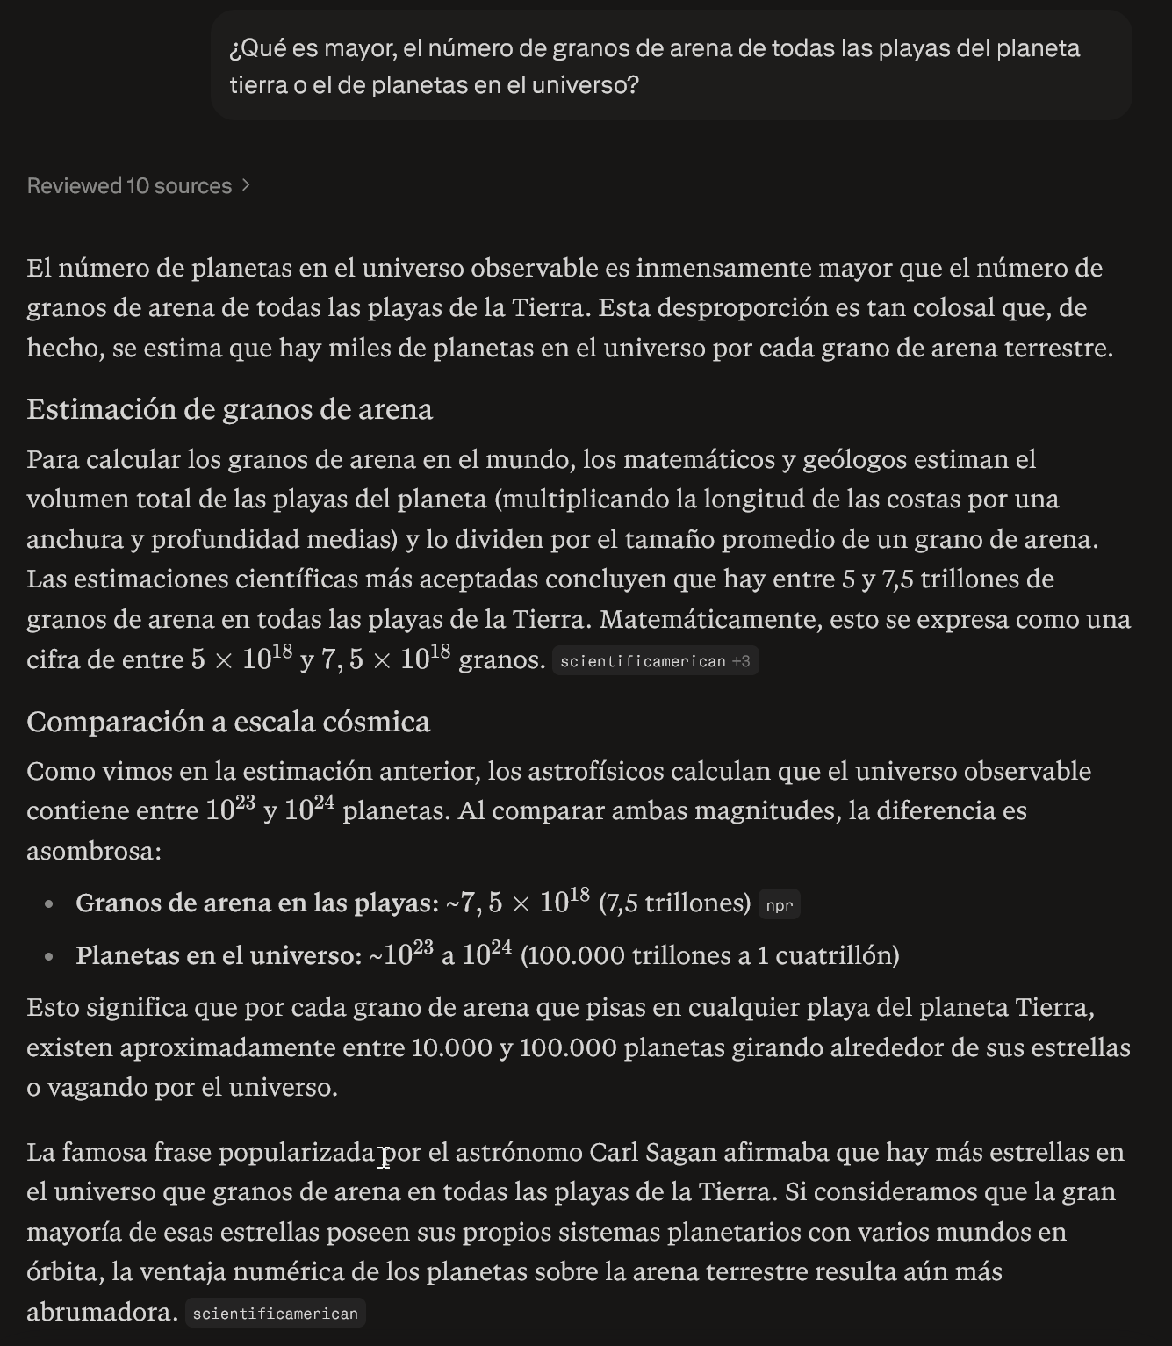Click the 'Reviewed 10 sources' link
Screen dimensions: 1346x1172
(129, 186)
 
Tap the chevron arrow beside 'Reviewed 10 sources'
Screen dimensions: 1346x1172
(247, 185)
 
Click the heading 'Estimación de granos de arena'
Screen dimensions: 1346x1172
(229, 409)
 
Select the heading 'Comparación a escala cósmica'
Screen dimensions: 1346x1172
(228, 722)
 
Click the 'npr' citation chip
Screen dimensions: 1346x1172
(779, 905)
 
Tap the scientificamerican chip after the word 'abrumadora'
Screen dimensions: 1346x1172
(275, 1314)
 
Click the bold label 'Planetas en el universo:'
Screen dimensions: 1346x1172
(219, 955)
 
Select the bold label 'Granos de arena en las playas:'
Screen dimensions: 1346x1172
(257, 903)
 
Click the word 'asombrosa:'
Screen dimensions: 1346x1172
(94, 851)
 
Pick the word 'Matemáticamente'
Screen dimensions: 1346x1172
(710, 619)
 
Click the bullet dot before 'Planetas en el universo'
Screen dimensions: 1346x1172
(49, 956)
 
